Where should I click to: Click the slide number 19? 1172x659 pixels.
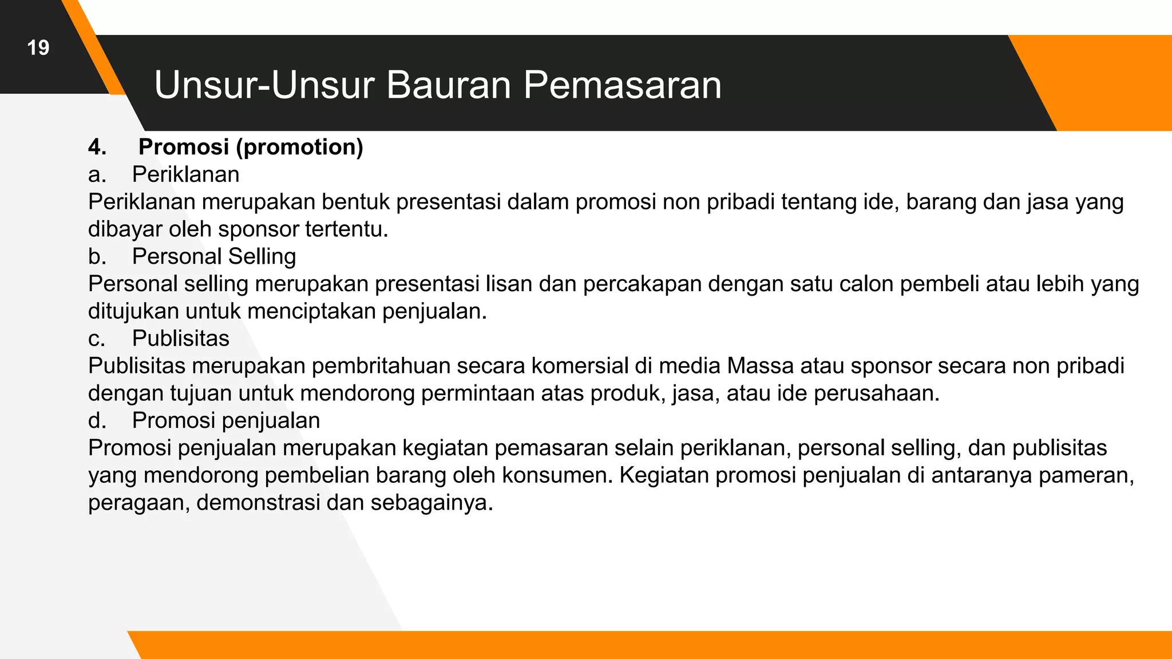38,47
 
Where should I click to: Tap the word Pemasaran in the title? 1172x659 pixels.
622,86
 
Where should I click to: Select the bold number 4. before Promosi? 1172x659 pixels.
97,148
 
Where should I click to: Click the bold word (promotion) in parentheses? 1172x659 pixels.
299,148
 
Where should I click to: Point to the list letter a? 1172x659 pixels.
97,175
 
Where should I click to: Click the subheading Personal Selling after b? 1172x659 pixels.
214,257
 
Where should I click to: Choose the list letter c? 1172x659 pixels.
97,339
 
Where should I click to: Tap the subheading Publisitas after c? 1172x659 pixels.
180,339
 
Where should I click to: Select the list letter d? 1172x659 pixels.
97,421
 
